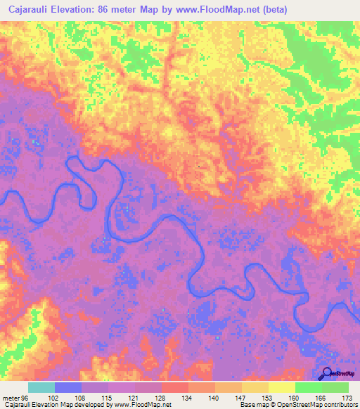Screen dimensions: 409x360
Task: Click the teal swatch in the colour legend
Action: click(41, 387)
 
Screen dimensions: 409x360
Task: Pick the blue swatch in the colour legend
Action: click(68, 387)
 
